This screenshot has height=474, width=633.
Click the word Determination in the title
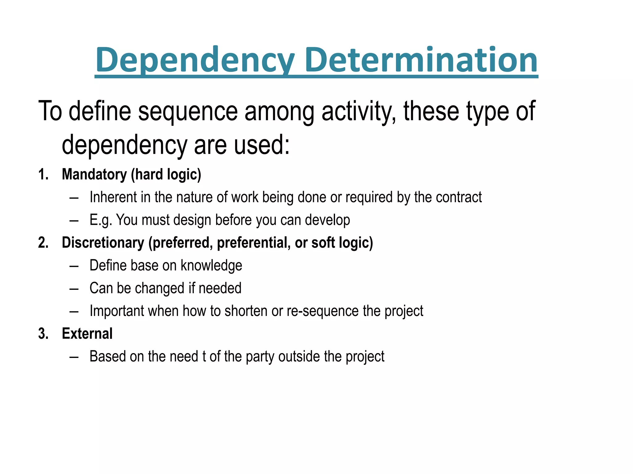[421, 60]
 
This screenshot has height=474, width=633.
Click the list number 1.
[43, 174]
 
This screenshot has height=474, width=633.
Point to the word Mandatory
[94, 174]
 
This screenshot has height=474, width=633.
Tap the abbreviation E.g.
[101, 220]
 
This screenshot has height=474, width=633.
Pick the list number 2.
[43, 243]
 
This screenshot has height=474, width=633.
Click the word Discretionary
[103, 243]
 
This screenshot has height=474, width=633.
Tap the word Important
[117, 311]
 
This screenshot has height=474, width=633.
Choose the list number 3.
[43, 334]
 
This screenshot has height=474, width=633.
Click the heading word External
[87, 334]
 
